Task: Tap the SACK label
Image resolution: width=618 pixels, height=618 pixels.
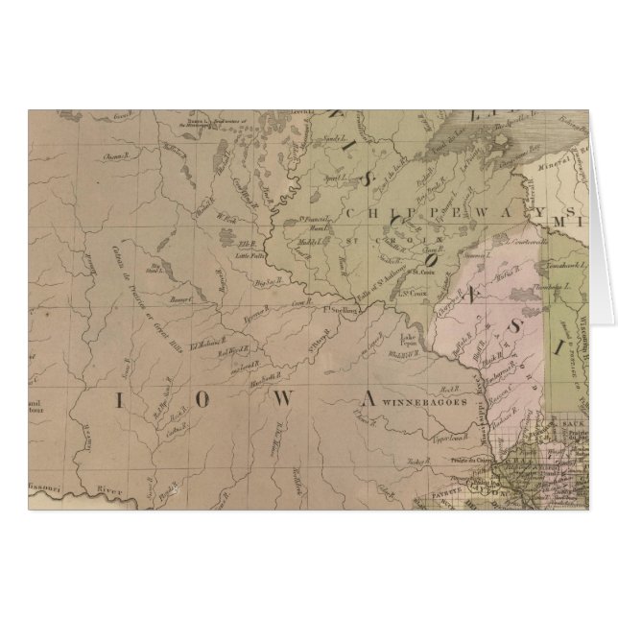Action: [574, 420]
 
